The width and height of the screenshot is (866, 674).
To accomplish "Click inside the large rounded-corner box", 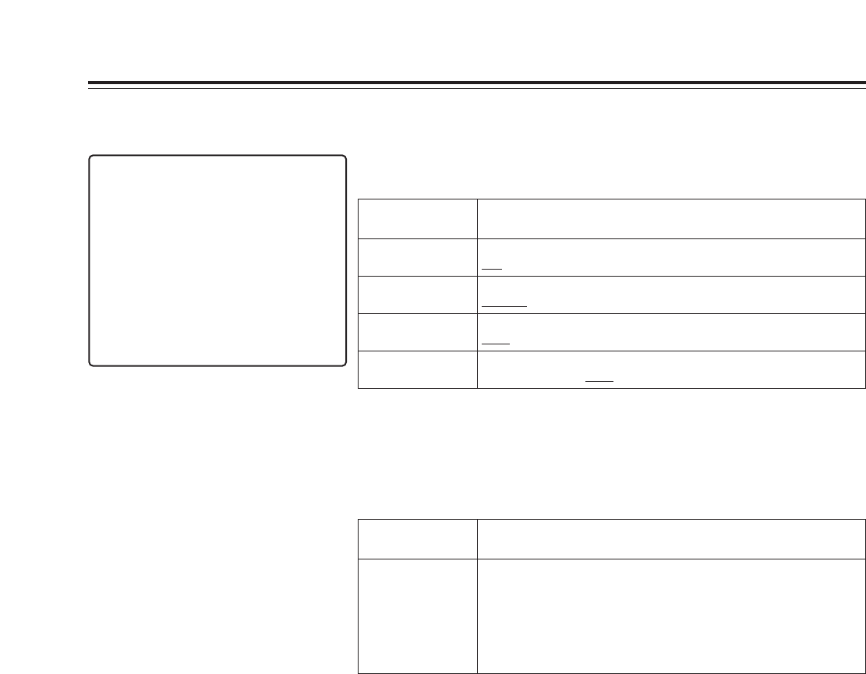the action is point(217,260).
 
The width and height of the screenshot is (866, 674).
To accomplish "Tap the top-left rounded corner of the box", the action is point(94,159).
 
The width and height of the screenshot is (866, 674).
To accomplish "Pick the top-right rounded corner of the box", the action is point(341,159).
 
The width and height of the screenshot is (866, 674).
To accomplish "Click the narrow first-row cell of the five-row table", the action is point(417,217).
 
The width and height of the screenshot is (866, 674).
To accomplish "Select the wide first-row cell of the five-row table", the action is point(670,217).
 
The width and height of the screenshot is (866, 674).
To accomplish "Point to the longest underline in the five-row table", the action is point(504,306).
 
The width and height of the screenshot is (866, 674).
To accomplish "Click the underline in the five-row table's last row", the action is point(597,381).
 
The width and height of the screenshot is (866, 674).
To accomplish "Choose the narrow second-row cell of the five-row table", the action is point(417,257).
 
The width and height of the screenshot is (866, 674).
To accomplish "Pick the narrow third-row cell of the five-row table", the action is point(417,295).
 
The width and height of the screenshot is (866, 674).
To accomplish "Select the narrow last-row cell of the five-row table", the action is point(417,369).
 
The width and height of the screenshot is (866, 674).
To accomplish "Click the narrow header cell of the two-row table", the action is point(417,538).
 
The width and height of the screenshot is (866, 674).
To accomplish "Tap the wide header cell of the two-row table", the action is point(670,538).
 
